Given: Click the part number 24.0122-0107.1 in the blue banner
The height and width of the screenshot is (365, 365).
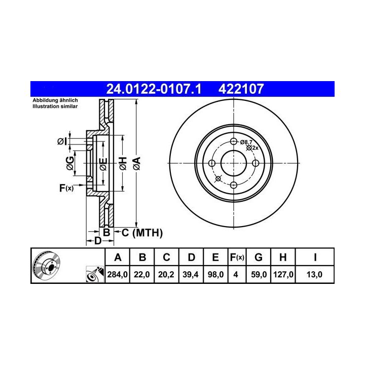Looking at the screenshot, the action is point(154,89).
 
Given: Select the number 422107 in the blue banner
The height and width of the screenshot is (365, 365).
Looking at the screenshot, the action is point(241,89).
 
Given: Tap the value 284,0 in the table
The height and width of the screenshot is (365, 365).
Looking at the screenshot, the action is point(117,275).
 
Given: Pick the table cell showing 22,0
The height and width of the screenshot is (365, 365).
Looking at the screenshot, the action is point(142,275).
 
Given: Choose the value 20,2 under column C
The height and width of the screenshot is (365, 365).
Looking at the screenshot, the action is point(166,275).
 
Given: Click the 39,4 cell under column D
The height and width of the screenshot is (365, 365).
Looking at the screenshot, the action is point(191,275).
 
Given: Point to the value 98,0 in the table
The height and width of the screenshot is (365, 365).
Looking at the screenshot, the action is point(215,275).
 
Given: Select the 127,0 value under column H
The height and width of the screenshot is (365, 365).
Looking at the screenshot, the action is point(283,275).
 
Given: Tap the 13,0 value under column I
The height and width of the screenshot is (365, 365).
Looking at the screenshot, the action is point(314,275).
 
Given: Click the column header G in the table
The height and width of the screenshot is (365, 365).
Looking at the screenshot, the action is point(259,258).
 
